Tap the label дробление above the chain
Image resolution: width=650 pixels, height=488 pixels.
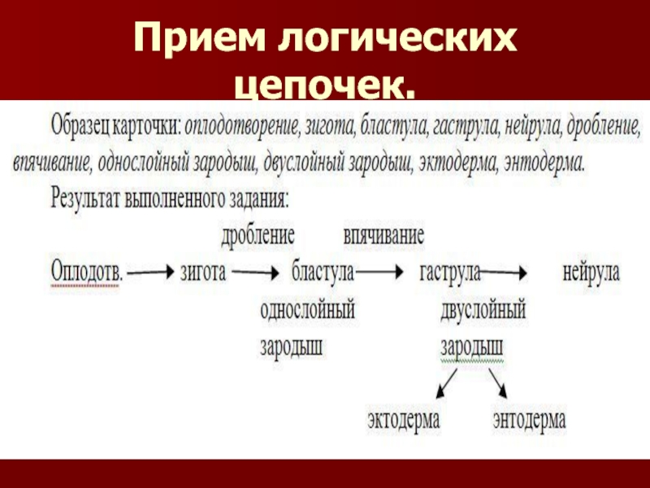pyautogui.click(x=258, y=237)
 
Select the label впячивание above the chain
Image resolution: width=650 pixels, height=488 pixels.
pyautogui.click(x=383, y=237)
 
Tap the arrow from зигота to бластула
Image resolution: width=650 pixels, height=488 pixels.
pyautogui.click(x=258, y=273)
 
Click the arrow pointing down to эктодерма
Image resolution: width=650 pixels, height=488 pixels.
pyautogui.click(x=447, y=382)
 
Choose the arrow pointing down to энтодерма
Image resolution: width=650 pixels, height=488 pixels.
pyautogui.click(x=498, y=382)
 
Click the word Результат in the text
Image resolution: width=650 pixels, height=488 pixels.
pyautogui.click(x=91, y=198)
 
